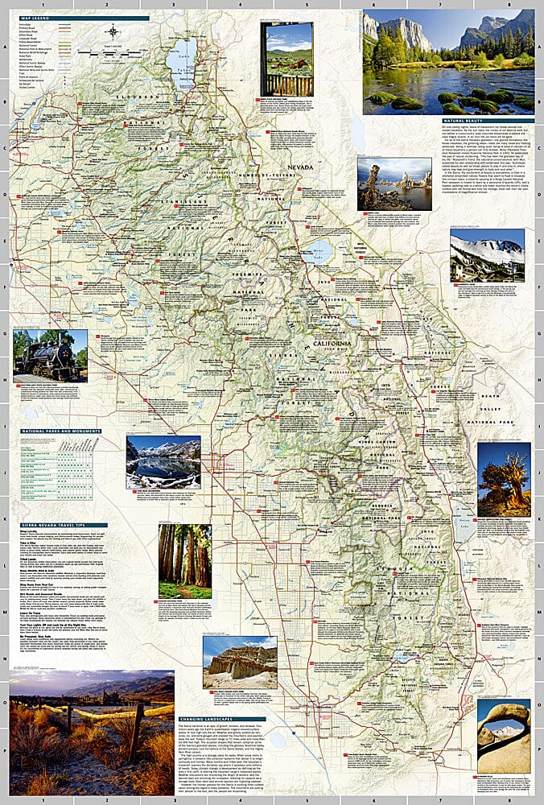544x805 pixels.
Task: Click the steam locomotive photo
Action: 50,355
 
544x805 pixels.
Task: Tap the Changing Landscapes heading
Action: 220,719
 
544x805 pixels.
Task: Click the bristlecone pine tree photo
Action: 504,479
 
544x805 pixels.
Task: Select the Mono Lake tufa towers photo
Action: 383,184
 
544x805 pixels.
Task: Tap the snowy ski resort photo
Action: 487,255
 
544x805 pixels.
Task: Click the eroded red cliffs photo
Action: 240,662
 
